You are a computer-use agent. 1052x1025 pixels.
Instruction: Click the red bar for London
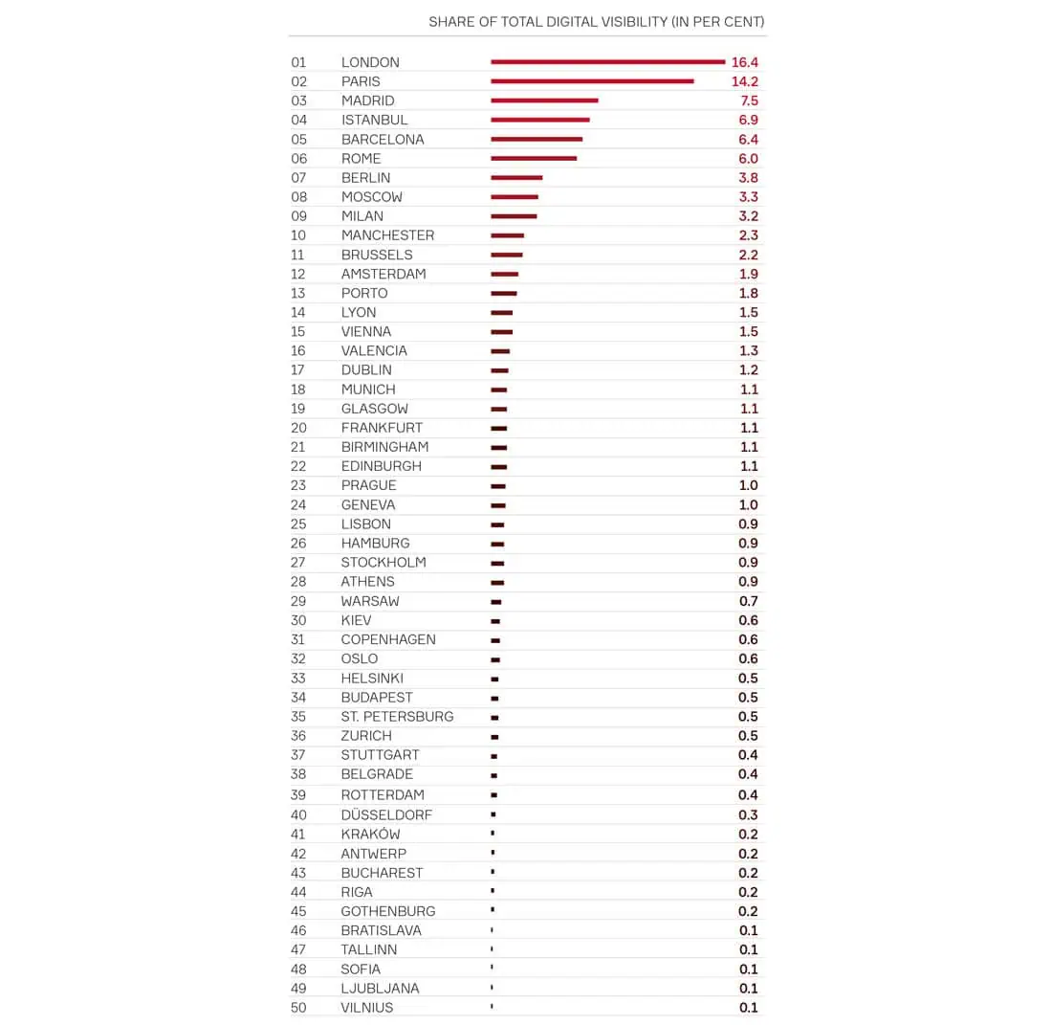pos(607,62)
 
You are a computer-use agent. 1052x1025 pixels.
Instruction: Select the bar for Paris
pos(592,81)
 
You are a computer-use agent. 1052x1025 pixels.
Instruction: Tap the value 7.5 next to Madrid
pos(748,100)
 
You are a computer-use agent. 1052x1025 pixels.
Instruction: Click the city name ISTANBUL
pos(374,120)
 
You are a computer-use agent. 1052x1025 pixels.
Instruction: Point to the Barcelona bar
pos(537,139)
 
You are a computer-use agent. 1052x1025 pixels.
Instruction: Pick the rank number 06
pos(299,158)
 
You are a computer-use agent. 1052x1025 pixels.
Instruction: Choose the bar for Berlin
pos(516,178)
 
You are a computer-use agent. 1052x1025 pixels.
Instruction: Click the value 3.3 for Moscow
pos(748,197)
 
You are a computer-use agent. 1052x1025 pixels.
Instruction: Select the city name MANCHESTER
pos(387,235)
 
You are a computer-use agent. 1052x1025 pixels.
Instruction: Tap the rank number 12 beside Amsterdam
pos(299,274)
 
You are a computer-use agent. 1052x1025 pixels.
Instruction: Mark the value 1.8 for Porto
pos(748,293)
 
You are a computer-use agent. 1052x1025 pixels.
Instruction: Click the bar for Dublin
pos(499,370)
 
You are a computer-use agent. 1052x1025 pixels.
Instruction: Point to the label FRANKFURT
pos(382,428)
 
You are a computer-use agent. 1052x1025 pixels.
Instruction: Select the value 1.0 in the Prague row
pos(748,485)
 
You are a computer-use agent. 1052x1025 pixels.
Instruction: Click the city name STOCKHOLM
pos(384,562)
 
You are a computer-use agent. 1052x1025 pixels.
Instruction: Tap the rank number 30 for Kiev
pos(299,620)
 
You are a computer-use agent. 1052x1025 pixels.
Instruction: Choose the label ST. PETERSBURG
pos(397,716)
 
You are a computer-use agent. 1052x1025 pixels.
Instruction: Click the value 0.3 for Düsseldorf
pos(748,814)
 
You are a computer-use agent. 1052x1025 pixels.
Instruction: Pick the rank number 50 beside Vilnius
pos(299,1007)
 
